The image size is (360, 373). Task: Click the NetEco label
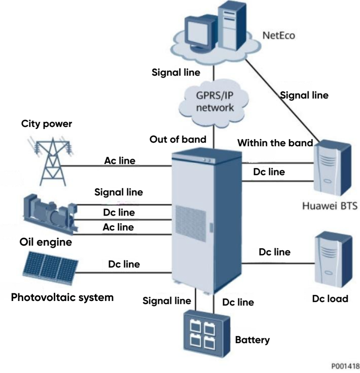279,36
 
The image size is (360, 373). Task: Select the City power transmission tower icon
51,160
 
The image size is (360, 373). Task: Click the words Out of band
177,139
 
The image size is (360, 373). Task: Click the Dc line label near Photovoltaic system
124,264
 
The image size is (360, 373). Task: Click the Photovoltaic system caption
62,297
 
